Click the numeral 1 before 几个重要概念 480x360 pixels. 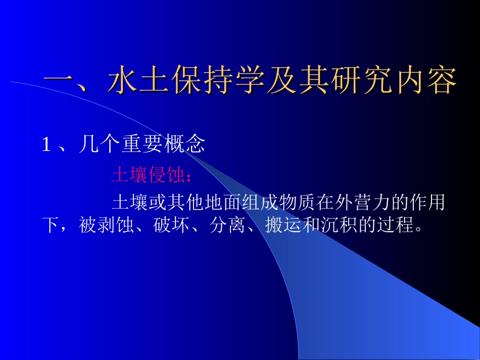pos(46,146)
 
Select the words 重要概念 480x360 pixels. pos(163,145)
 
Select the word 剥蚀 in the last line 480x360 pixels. pos(108,225)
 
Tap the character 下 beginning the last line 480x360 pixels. pos(50,225)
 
